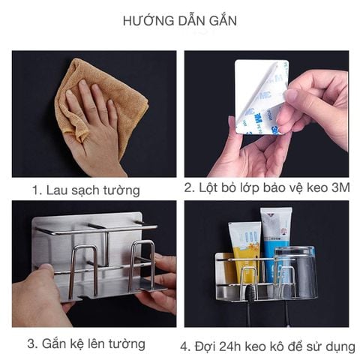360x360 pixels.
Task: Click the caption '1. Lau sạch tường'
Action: point(85,190)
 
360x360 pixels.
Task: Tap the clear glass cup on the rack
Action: point(295,274)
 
